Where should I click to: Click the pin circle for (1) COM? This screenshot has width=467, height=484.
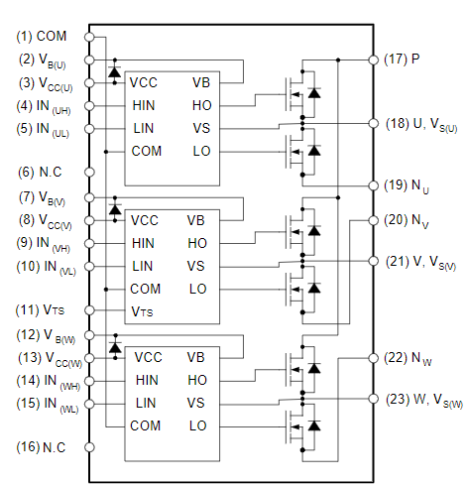point(89,37)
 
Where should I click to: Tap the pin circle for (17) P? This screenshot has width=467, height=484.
point(374,60)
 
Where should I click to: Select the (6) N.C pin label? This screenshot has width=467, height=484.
point(40,173)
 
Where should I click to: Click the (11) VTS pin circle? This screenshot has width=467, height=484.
point(89,310)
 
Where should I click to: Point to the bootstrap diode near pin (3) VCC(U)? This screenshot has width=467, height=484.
point(115,71)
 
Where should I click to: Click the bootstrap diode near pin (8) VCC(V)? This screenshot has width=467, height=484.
point(115,209)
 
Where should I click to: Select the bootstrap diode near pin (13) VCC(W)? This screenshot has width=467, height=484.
point(115,347)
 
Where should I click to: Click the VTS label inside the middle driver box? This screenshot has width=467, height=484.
point(142,311)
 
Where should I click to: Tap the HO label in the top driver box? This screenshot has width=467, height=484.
point(202,105)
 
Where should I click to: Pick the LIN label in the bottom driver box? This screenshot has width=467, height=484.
point(146,403)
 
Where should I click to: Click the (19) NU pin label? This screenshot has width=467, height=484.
point(407,186)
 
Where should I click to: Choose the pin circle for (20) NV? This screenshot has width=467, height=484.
point(374,220)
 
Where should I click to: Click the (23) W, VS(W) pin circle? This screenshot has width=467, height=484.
point(374,399)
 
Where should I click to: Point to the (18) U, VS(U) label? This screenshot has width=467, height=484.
point(421,125)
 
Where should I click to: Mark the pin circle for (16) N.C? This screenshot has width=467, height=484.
point(89,447)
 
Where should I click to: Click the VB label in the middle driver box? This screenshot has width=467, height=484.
point(196,220)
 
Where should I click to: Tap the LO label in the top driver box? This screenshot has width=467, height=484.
point(201,151)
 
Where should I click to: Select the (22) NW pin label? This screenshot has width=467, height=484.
point(408,359)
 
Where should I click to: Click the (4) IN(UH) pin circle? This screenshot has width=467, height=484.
point(89,106)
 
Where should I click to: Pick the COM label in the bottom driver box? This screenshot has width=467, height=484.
point(146,425)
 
